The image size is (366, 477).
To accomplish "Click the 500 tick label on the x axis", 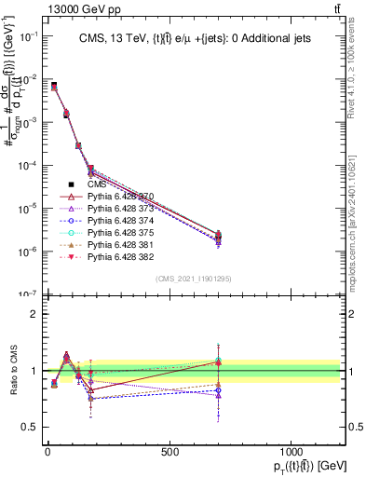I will click(x=169, y=452).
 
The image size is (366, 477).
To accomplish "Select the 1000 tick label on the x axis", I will click(x=291, y=452).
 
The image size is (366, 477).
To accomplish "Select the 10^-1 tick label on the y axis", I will click(x=28, y=36).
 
